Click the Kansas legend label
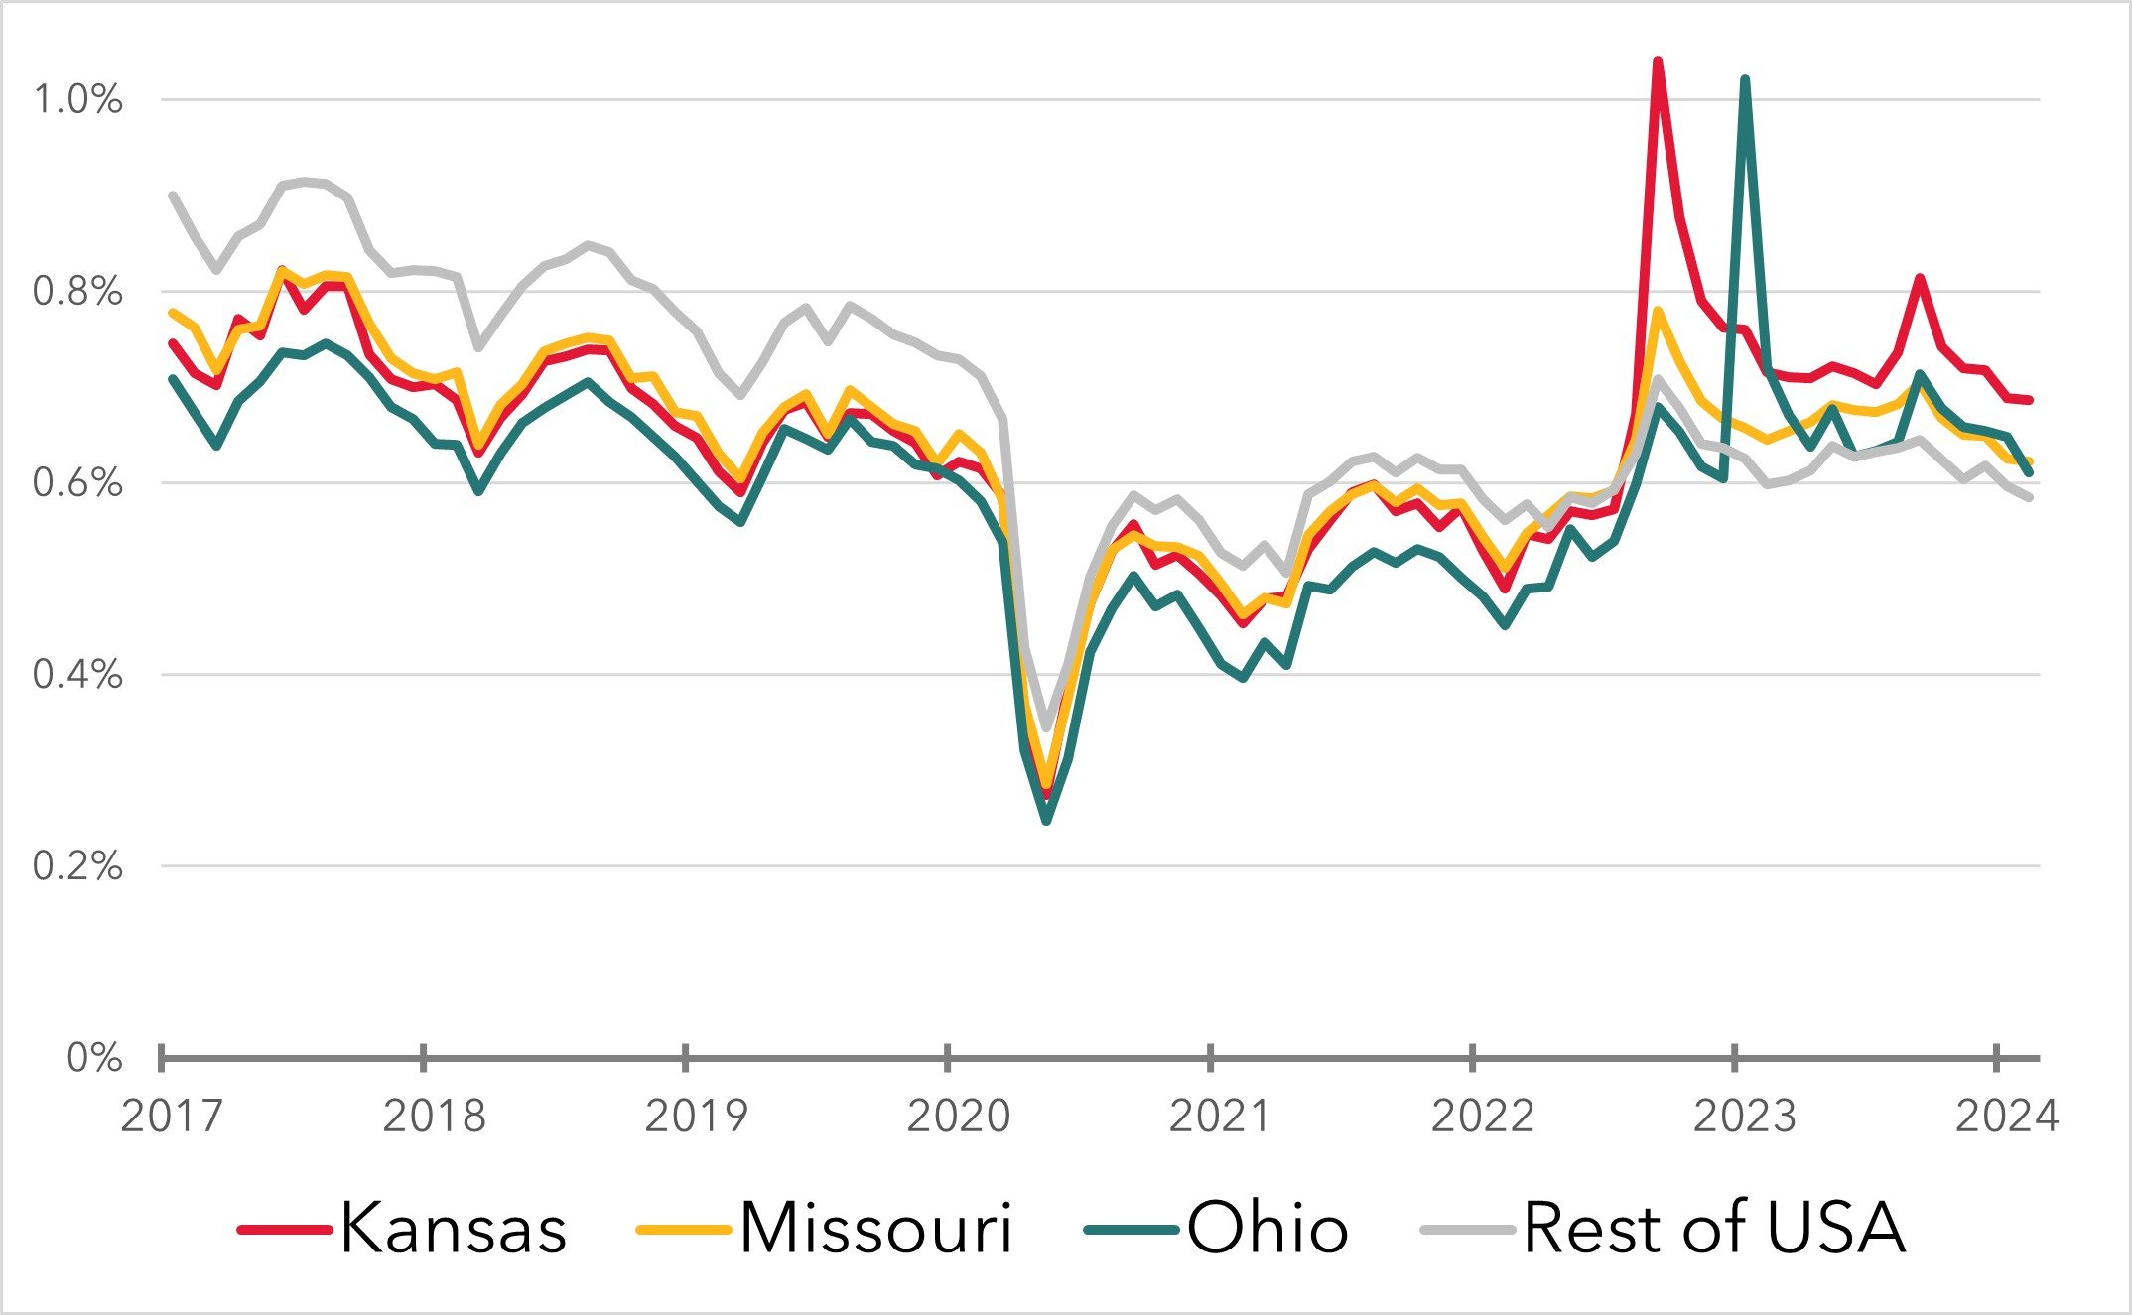tap(454, 1229)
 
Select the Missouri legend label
tap(875, 1229)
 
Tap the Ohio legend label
tap(1267, 1229)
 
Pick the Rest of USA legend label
tap(1714, 1229)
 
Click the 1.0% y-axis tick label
tap(78, 99)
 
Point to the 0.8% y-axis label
tap(78, 291)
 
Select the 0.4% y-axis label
tap(78, 675)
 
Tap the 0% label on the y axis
tap(94, 1058)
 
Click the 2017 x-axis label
tap(172, 1117)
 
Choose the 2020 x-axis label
tap(958, 1117)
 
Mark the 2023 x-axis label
tap(1744, 1117)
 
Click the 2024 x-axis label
tap(2006, 1117)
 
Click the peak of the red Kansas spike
tap(1657, 62)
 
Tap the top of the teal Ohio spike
tap(1745, 79)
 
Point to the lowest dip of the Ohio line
tap(1046, 821)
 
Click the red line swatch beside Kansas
tap(284, 1230)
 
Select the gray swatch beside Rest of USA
tap(1467, 1230)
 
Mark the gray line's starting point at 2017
tap(173, 195)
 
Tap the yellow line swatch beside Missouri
tap(682, 1230)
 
